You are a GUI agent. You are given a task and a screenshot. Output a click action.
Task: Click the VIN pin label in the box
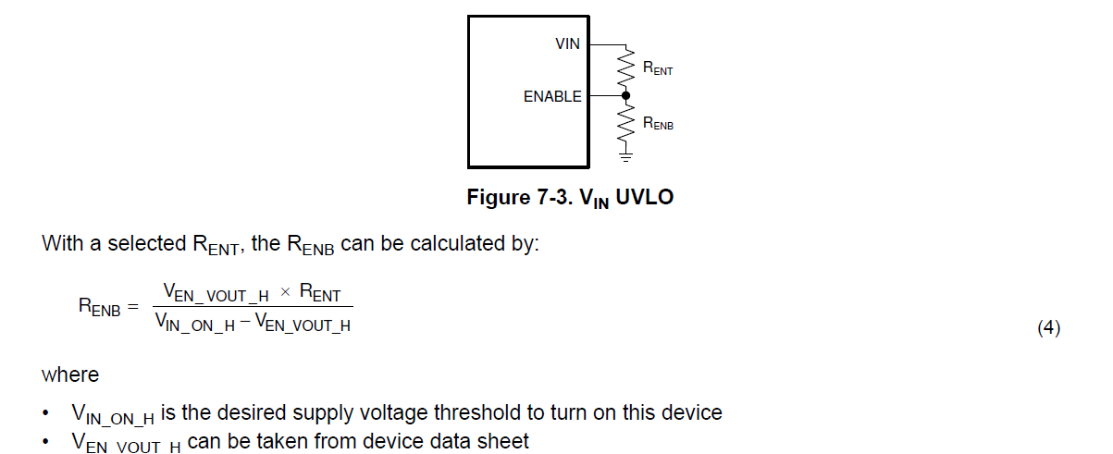click(567, 43)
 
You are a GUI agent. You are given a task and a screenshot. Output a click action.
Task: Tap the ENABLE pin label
click(552, 96)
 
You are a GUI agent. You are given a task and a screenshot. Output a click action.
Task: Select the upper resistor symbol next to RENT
click(626, 68)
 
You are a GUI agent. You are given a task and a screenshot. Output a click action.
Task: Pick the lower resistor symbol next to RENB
click(626, 123)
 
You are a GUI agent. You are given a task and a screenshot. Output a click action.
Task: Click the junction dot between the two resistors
click(626, 95)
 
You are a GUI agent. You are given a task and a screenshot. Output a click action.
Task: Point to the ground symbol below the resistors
click(626, 157)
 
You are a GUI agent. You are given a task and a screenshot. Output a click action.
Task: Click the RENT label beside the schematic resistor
click(658, 68)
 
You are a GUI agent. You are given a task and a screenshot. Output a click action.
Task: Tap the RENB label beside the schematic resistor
click(658, 123)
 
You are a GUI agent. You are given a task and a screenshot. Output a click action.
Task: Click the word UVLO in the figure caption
click(645, 197)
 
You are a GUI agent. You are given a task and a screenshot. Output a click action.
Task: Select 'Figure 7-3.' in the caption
click(520, 197)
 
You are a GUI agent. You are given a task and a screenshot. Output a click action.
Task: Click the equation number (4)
click(1049, 328)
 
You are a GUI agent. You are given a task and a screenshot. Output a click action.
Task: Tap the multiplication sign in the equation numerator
click(285, 292)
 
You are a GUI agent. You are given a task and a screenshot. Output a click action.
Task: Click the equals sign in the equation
click(132, 306)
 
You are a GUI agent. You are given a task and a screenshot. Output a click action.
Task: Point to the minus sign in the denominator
click(245, 322)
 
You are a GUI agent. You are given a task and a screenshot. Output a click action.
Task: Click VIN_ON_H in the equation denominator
click(195, 322)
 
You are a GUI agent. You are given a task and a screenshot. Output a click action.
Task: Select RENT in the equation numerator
click(320, 292)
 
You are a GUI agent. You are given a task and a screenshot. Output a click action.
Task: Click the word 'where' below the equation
click(70, 375)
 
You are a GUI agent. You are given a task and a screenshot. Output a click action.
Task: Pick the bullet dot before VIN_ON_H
click(45, 412)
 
